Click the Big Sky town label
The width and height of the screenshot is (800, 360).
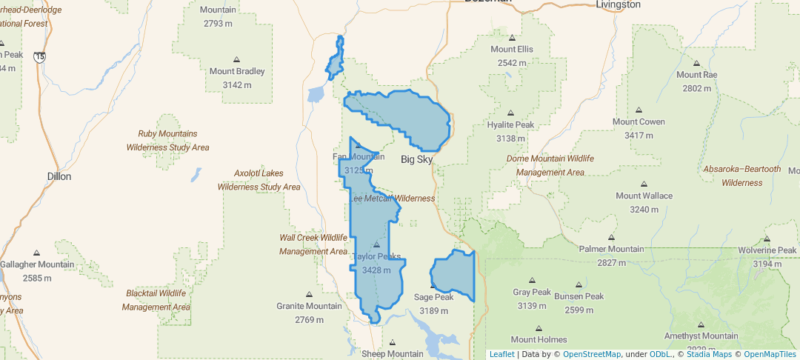point(416,159)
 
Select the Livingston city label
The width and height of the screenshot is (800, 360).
point(618,4)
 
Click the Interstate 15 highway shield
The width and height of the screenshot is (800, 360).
point(39,56)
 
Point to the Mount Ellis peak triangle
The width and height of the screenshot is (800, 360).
point(512,37)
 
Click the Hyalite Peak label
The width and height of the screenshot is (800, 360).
point(510,124)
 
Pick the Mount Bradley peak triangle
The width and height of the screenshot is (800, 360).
point(236,59)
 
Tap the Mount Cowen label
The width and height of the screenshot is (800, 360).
point(639,121)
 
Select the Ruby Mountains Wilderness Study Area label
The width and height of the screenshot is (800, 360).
point(167,140)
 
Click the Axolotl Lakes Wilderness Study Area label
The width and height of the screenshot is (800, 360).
point(259,180)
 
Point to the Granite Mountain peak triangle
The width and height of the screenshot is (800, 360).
point(309,294)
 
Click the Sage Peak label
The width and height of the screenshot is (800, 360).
point(433,297)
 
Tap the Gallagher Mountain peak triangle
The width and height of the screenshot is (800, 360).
point(36,253)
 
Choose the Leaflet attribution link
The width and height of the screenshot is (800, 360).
point(501,354)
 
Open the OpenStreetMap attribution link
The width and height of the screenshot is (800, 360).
point(592,354)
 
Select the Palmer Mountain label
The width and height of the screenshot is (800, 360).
point(611,249)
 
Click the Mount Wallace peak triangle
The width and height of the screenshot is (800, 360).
point(644,184)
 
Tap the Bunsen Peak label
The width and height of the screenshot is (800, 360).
point(579,296)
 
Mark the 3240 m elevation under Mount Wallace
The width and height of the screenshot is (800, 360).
point(644,210)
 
